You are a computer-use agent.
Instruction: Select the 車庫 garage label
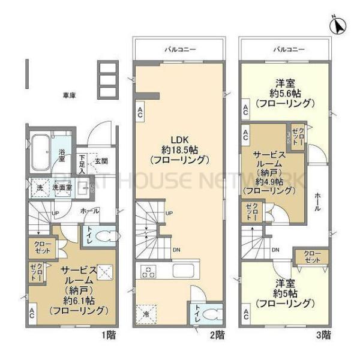[x=70, y=95]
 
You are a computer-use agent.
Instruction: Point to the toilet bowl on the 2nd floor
[x=213, y=314]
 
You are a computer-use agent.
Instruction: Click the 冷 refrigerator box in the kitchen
[x=146, y=313]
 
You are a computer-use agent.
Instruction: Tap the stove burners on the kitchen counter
[x=148, y=272]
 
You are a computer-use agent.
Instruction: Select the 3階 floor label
[x=323, y=334]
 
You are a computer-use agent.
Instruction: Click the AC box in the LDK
[x=140, y=112]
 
